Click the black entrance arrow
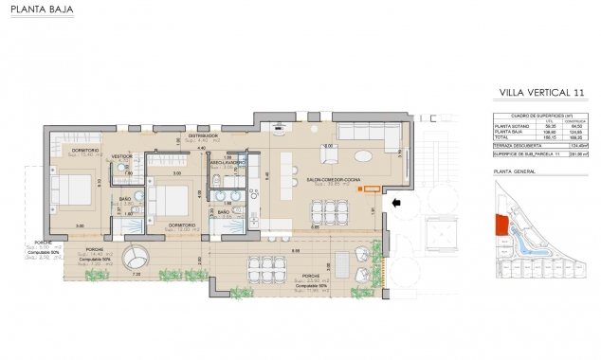pyautogui.click(x=397, y=201)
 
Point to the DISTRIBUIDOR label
pyautogui.click(x=201, y=135)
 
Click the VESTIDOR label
pyautogui.click(x=121, y=156)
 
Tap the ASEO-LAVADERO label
pyautogui.click(x=228, y=161)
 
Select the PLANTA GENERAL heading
pyautogui.click(x=515, y=171)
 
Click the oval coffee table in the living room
pyautogui.click(x=364, y=157)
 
